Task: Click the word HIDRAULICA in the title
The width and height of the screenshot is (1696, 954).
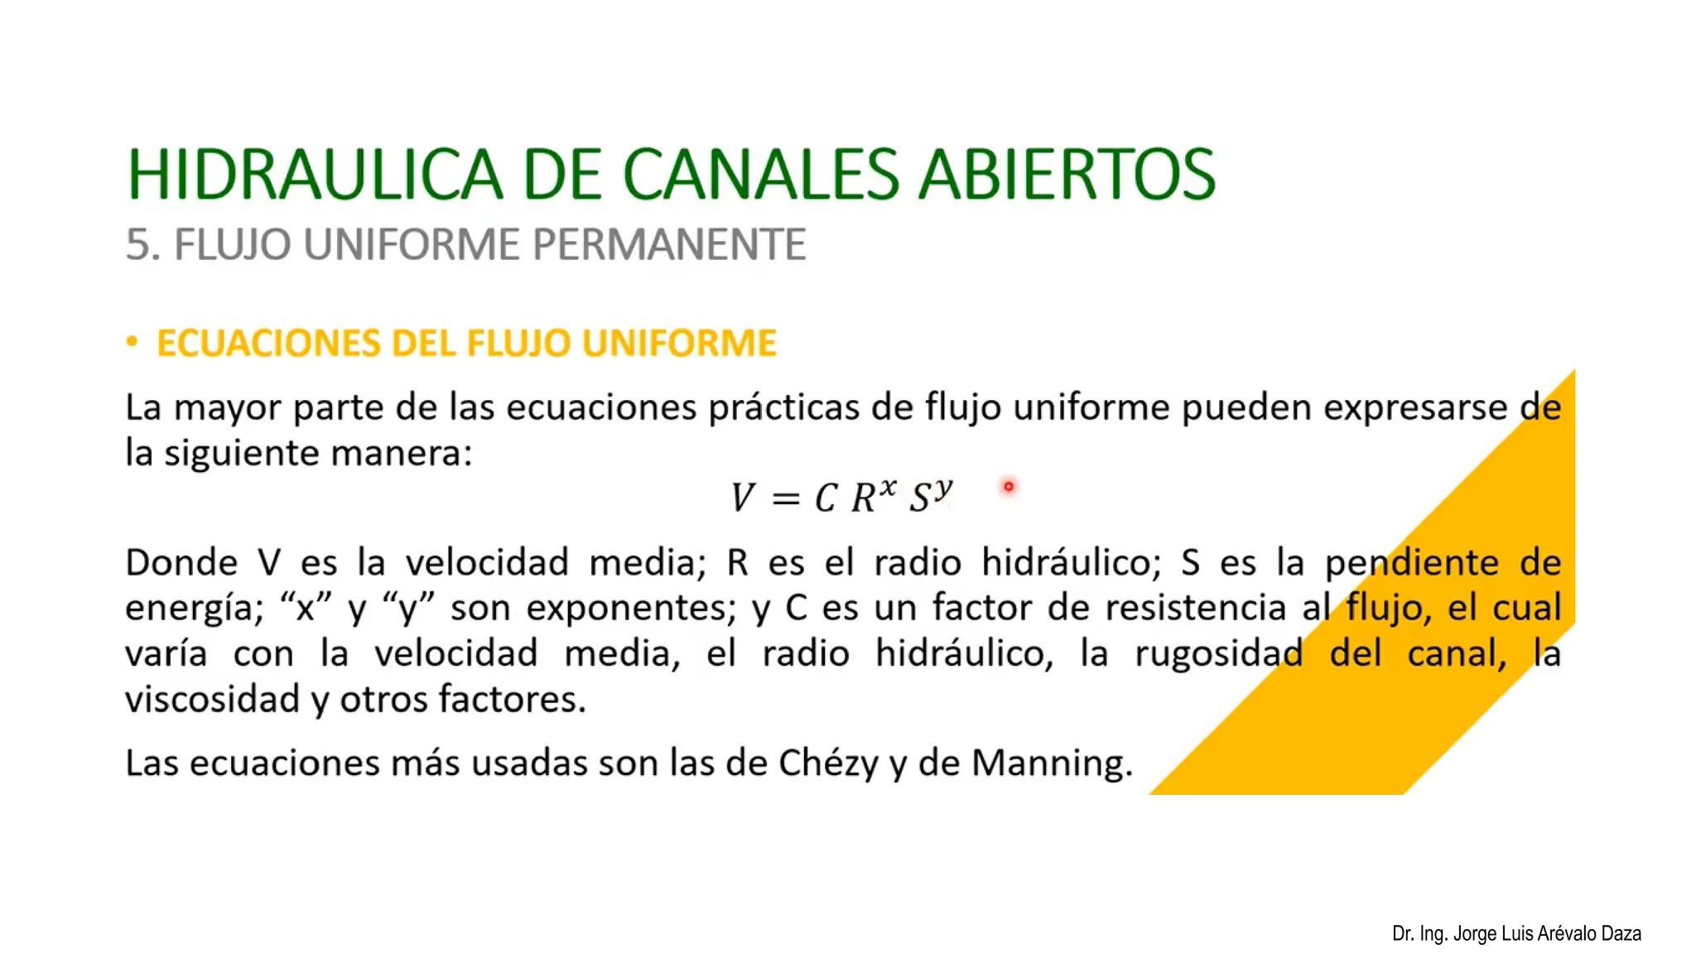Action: [x=315, y=175]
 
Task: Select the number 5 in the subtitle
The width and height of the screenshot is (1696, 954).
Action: [x=137, y=245]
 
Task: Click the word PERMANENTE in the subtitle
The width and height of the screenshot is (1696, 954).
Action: [x=668, y=245]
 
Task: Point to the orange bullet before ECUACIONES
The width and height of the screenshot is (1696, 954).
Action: [x=132, y=342]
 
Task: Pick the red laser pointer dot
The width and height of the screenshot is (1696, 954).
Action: [x=1009, y=487]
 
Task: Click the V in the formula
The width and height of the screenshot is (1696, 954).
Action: [x=742, y=498]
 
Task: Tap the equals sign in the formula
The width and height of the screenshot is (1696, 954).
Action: [x=785, y=499]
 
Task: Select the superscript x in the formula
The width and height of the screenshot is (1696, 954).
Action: [x=888, y=487]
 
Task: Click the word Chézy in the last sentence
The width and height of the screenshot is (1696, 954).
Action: [x=828, y=763]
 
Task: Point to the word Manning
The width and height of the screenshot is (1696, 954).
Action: [x=1051, y=763]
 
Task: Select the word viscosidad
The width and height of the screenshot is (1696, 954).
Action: [x=212, y=700]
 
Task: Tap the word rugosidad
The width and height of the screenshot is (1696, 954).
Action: [x=1218, y=653]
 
